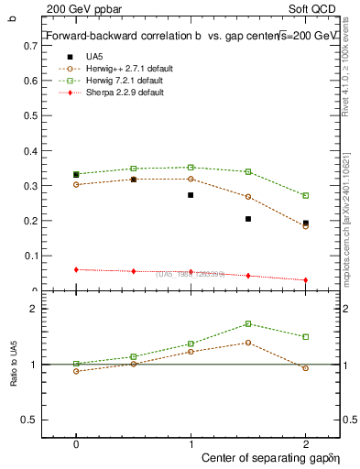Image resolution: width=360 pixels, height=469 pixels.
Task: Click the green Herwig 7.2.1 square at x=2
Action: pos(306,195)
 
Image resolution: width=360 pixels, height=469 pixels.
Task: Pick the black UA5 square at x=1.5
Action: pos(248,219)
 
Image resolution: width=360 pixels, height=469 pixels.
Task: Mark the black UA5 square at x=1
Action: pos(191,195)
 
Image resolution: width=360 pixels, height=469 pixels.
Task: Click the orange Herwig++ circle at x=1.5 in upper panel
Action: pos(248,197)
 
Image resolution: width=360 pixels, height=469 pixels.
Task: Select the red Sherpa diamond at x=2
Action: pos(306,280)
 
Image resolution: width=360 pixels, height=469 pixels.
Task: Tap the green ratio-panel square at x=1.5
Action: pos(248,323)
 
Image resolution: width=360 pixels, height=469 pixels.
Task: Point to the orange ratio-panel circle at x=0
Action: pos(76,371)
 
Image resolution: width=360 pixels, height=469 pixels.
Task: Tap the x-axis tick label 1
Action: pos(191,442)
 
